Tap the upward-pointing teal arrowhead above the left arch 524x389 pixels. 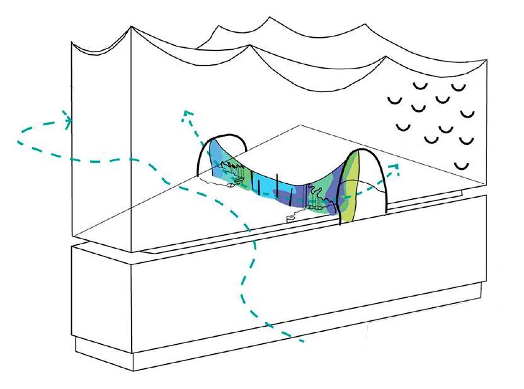[185, 113]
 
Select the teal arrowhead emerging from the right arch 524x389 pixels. [396, 167]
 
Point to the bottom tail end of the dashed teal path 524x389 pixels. [302, 341]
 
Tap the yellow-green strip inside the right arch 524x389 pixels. [351, 189]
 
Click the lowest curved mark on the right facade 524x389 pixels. [463, 166]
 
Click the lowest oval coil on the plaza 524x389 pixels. [290, 218]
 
